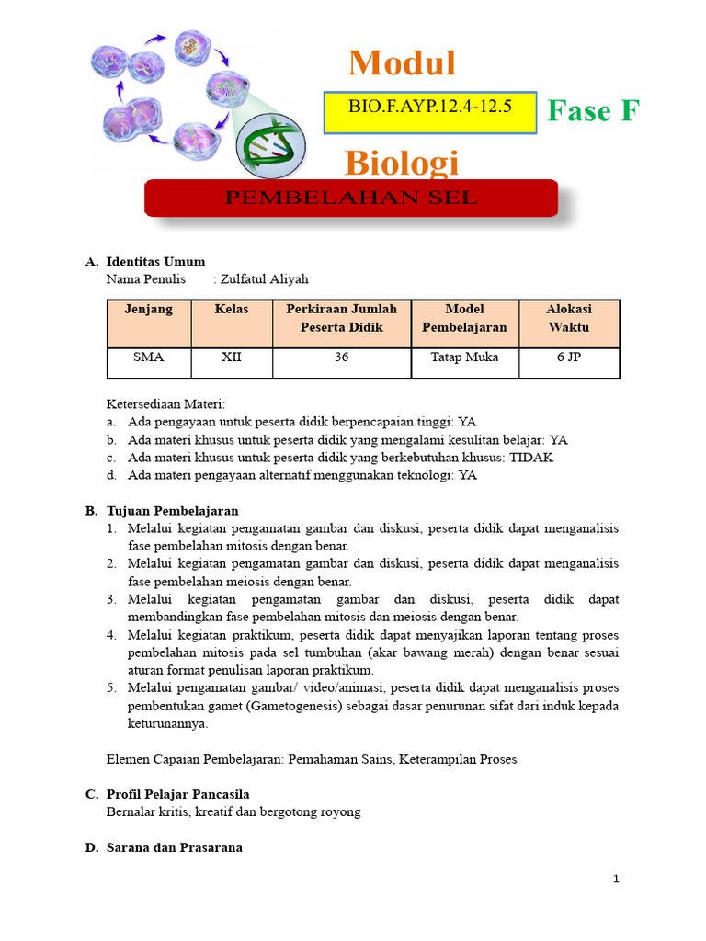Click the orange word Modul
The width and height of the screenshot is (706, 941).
point(402,63)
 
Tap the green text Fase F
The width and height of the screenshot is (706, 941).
point(592,111)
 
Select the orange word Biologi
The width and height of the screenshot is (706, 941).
point(402,163)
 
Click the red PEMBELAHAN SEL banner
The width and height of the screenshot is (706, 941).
point(351,198)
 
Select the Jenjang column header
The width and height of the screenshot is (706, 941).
point(149,310)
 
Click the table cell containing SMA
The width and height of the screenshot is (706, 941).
point(149,357)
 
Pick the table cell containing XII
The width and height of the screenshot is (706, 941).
point(232,357)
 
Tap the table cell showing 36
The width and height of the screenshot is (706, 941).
point(341,357)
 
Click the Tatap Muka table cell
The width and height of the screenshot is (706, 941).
point(464,357)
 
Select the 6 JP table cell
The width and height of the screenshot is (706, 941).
point(569,357)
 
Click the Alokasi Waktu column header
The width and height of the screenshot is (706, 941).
point(569,318)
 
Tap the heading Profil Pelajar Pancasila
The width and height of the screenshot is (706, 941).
point(178,794)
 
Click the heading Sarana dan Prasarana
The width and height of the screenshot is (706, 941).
point(175,847)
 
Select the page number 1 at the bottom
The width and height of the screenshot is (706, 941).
point(617,879)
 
